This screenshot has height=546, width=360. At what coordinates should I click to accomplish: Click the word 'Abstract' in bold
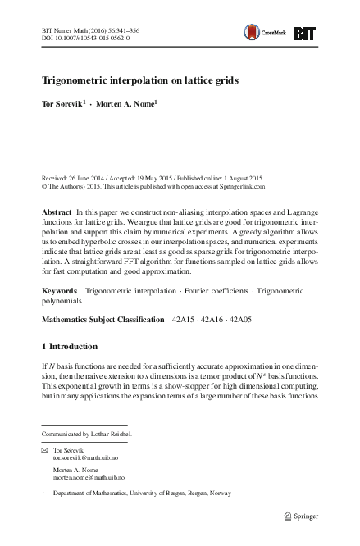point(56,212)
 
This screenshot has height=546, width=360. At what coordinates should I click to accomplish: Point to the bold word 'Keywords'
point(59,290)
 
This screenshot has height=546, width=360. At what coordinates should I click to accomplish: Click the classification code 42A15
point(184,316)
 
